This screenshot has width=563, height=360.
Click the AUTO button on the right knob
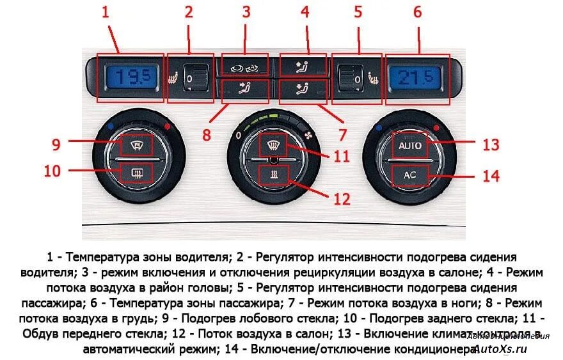pos(409,146)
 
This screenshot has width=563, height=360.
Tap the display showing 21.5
pos(416,79)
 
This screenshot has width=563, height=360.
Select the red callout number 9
pos(56,145)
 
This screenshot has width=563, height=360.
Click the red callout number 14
pos(490,175)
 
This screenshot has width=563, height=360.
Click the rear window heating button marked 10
pos(135,172)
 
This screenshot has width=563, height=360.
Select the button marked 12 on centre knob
pos(273,173)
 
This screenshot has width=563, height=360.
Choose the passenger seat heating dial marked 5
pos(351,79)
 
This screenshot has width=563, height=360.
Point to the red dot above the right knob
pos(436,128)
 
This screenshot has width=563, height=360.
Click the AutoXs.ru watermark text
pos(502,349)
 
